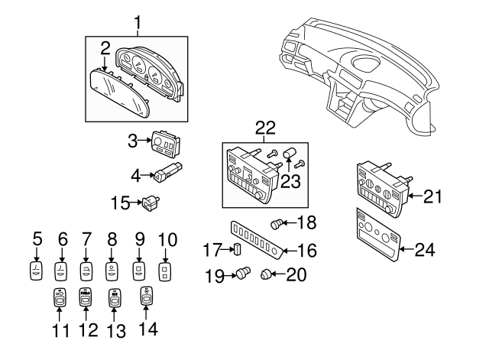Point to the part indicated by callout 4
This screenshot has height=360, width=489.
(167, 174)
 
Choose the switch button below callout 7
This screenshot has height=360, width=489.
(87, 271)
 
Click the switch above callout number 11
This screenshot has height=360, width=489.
(60, 297)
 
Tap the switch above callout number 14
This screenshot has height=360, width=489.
(146, 297)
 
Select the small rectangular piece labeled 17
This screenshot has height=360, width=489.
(237, 248)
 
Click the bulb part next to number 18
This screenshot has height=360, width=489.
(278, 223)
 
